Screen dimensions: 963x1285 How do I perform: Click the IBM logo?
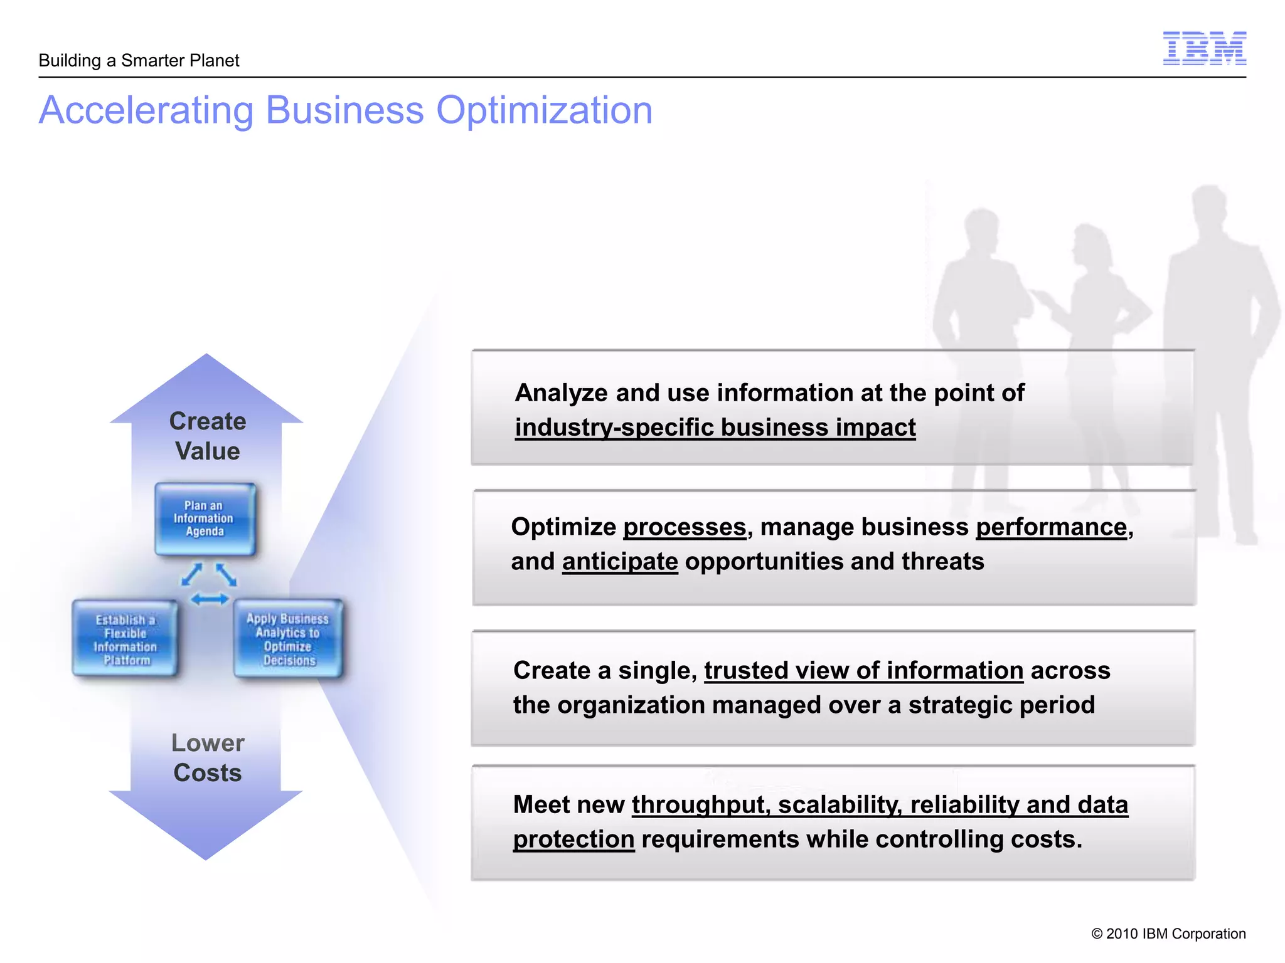coord(1204,48)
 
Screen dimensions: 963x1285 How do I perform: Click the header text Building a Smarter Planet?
coord(139,61)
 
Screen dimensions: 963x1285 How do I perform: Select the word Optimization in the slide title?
coord(544,110)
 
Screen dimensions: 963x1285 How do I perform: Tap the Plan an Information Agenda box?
coord(205,518)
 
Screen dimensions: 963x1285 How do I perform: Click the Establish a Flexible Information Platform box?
coord(125,639)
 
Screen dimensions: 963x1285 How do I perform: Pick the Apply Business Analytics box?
coord(289,639)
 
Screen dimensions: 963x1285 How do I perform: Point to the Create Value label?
coord(207,436)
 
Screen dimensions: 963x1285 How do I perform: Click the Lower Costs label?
coord(207,757)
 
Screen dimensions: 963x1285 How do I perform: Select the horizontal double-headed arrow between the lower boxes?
coord(210,600)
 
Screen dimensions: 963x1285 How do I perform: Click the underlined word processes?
coord(685,527)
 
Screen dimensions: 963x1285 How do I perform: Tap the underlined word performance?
coord(1052,527)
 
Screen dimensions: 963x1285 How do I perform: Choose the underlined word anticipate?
coord(620,562)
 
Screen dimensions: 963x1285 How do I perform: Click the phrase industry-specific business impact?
coord(715,428)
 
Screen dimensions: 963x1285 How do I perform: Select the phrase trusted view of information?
coord(863,671)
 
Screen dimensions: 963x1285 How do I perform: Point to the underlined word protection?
coord(573,839)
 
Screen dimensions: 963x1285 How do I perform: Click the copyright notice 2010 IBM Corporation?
coord(1168,934)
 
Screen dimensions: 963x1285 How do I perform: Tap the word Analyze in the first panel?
coord(562,393)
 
